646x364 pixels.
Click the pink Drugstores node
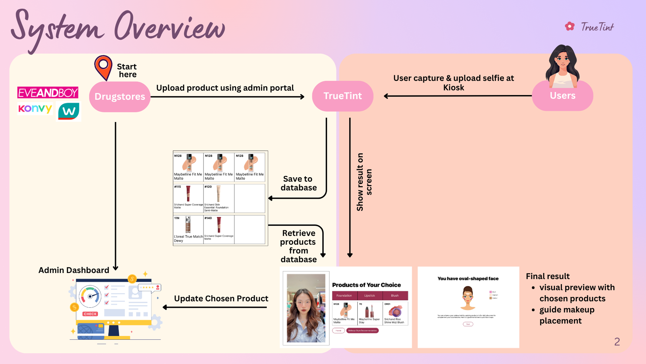120,97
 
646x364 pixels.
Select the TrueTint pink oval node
343,96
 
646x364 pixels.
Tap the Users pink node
562,96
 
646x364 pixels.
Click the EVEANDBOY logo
48,93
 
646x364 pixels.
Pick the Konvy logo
35,109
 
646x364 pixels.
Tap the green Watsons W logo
69,111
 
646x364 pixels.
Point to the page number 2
617,342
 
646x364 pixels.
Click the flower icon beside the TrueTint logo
570,26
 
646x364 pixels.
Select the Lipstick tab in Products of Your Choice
369,296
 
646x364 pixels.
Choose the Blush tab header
395,296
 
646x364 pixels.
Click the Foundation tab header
344,296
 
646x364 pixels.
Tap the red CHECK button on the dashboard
90,314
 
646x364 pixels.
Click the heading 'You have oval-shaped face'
468,279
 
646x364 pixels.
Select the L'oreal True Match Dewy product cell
188,229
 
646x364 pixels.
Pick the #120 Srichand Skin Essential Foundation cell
219,198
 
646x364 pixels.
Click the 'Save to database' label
298,183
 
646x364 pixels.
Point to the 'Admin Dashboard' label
74,270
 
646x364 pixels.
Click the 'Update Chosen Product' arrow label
221,299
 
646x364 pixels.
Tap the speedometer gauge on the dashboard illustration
90,296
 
